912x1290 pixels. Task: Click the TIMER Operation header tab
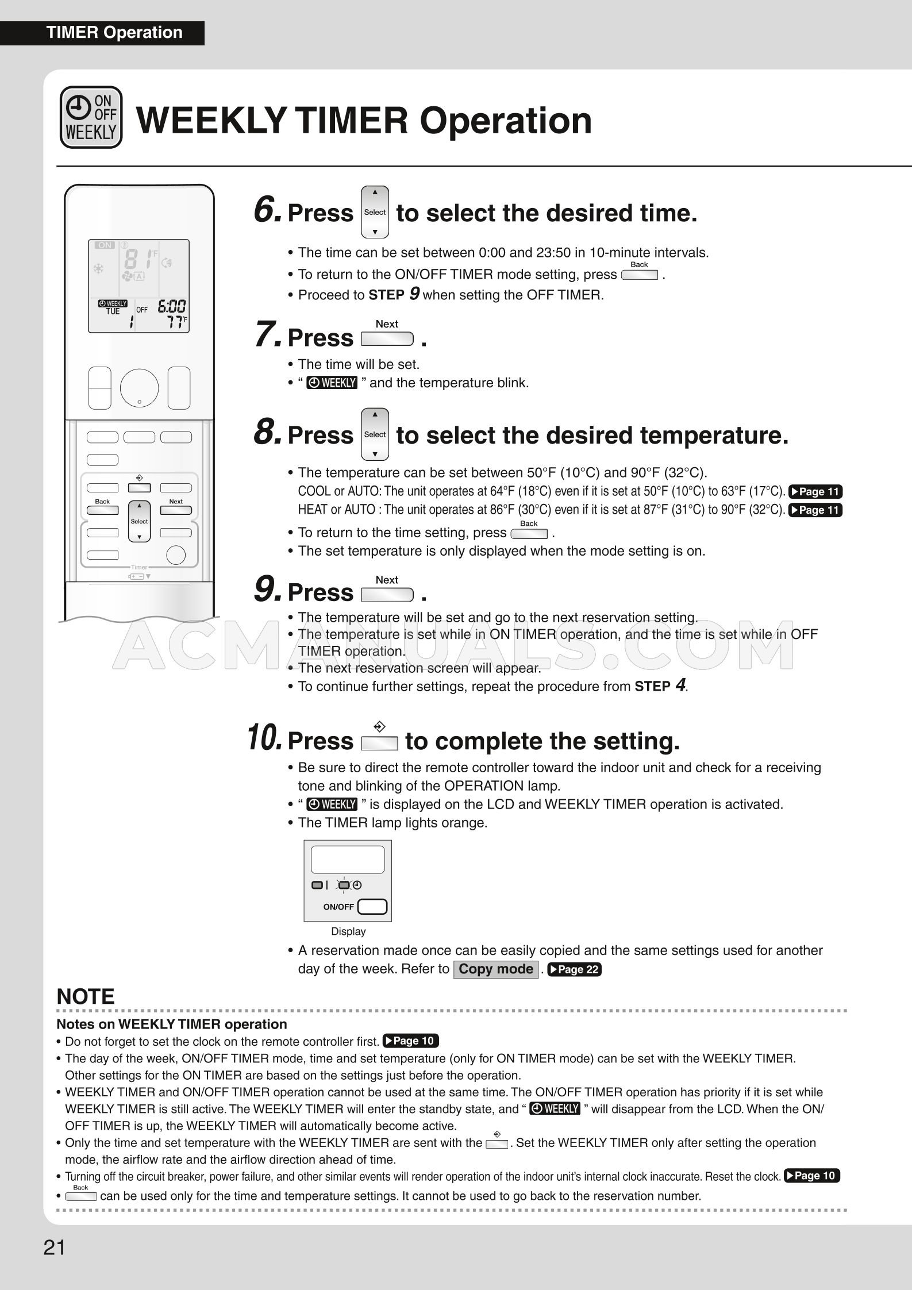114,33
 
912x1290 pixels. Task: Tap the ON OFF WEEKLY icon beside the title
91,117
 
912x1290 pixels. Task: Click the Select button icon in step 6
375,212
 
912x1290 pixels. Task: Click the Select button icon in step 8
375,434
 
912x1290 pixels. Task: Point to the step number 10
264,737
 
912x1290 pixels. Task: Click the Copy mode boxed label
495,969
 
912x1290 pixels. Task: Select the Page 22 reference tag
574,969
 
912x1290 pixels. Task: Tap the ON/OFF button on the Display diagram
372,907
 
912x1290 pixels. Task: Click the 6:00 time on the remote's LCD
171,306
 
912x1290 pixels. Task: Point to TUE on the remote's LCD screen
113,311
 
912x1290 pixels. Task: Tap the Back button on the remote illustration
102,510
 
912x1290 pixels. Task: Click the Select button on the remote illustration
139,521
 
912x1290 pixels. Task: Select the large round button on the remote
139,388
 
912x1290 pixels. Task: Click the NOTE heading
86,996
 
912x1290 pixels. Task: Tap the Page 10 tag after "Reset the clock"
811,1175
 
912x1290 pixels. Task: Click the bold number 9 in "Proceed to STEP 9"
414,294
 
